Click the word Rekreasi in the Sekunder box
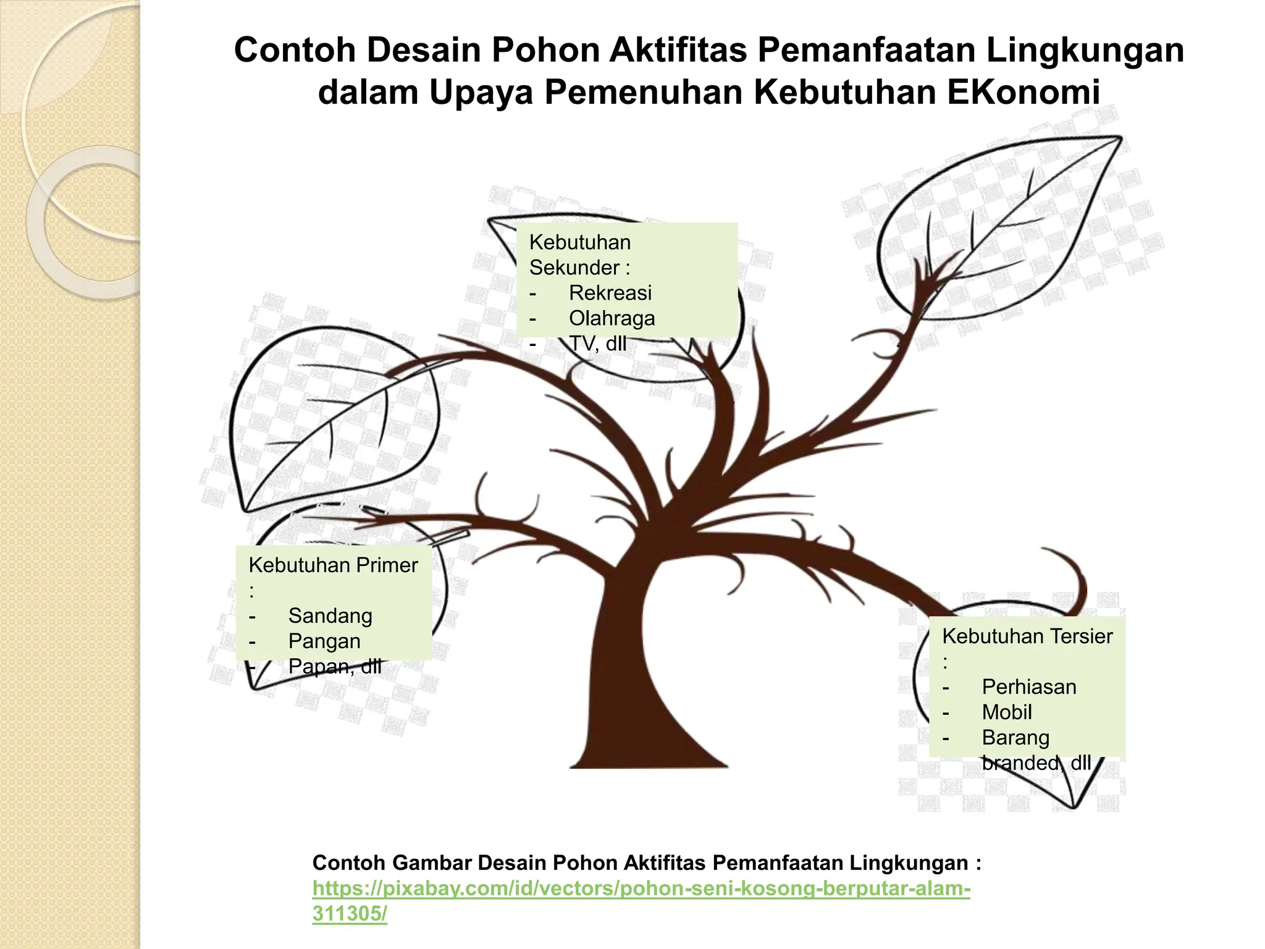610,293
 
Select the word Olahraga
611,318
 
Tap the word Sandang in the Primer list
330,616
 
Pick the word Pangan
324,641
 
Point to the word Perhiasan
1028,687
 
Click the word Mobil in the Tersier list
1007,712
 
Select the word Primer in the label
390,565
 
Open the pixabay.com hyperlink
641,889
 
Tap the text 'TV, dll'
597,344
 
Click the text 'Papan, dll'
334,667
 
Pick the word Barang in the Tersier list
1015,738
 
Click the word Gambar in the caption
432,863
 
